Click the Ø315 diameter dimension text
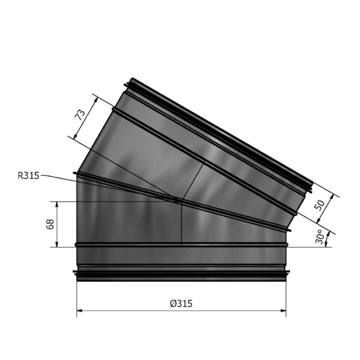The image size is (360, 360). [x=181, y=303]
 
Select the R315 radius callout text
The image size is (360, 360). [x=29, y=175]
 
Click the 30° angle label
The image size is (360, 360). [x=319, y=237]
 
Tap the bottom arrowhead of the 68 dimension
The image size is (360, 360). [x=57, y=245]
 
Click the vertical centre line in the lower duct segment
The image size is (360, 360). [x=182, y=223]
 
